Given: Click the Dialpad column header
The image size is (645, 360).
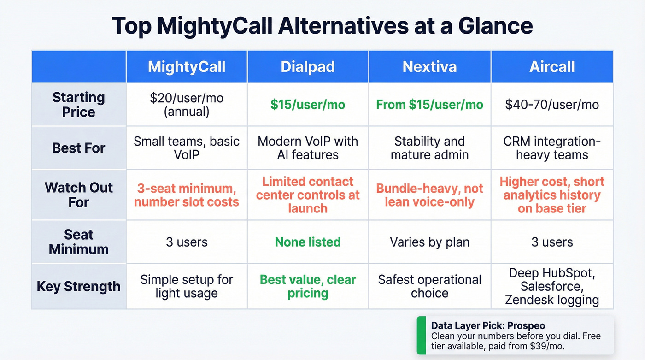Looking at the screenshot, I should pyautogui.click(x=308, y=67).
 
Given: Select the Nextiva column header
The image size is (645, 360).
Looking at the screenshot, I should pyautogui.click(x=429, y=67).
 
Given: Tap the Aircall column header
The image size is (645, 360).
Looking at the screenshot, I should pyautogui.click(x=552, y=67).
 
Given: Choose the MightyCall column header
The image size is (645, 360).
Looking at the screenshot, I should pyautogui.click(x=187, y=67).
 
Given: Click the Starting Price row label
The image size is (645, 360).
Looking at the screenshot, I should pyautogui.click(x=79, y=105).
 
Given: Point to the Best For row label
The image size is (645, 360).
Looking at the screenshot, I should pyautogui.click(x=79, y=148).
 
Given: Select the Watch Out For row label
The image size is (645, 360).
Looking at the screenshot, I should pyautogui.click(x=79, y=195).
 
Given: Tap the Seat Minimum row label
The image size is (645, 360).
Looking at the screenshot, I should pyautogui.click(x=79, y=242).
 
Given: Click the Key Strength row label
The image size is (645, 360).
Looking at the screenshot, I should pyautogui.click(x=79, y=286).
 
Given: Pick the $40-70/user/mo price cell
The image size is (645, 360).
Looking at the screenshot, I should pyautogui.click(x=552, y=105).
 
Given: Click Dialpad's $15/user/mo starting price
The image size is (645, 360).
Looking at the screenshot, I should pyautogui.click(x=308, y=105).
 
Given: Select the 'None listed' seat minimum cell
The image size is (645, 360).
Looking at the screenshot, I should pyautogui.click(x=308, y=242).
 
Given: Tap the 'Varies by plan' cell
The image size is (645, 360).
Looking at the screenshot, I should pyautogui.click(x=429, y=242).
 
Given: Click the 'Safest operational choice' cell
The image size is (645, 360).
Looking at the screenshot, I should pyautogui.click(x=429, y=286).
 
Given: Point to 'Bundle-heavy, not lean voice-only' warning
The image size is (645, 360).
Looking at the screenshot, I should pyautogui.click(x=429, y=195).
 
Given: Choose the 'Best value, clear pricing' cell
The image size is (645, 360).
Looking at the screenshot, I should pyautogui.click(x=308, y=286).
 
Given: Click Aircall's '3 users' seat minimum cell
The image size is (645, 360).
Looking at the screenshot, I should pyautogui.click(x=552, y=242).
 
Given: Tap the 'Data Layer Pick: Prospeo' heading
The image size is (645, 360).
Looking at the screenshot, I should pyautogui.click(x=481, y=325).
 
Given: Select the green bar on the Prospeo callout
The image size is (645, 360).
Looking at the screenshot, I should pyautogui.click(x=421, y=335).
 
